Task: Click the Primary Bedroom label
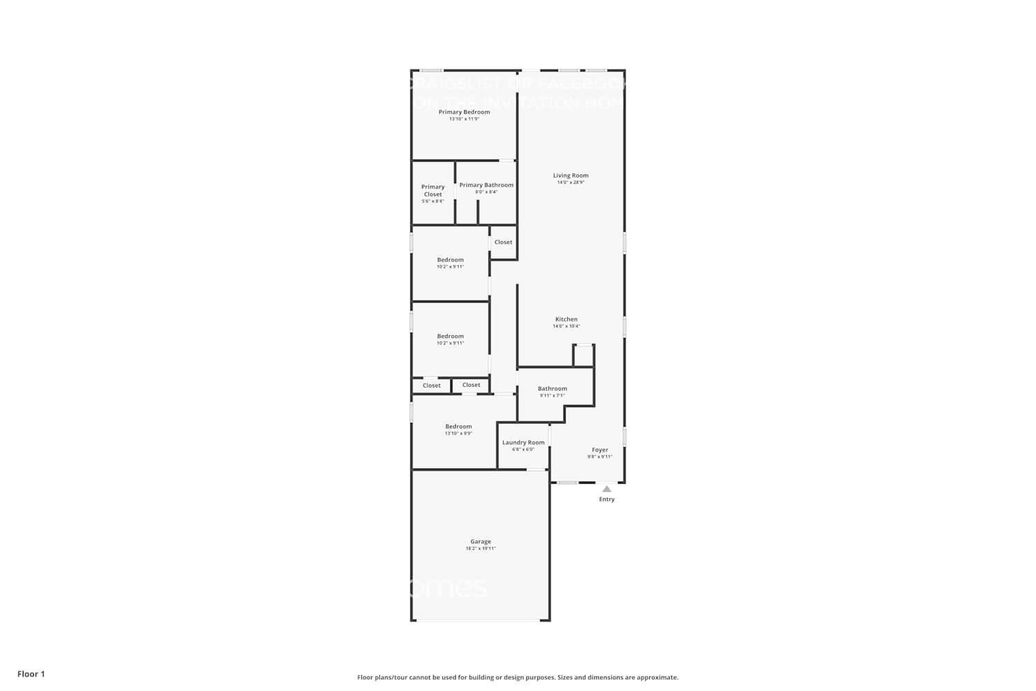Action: click(464, 112)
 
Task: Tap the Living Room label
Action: click(570, 176)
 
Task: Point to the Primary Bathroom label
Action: click(486, 185)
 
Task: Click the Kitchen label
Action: click(566, 319)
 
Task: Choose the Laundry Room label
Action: click(523, 442)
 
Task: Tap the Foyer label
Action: click(599, 450)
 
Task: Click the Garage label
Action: click(481, 542)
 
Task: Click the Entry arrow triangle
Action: click(606, 489)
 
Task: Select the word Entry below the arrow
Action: click(606, 499)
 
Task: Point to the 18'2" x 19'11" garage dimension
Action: click(481, 549)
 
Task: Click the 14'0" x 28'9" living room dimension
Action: click(570, 182)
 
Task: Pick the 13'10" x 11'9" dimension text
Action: click(464, 119)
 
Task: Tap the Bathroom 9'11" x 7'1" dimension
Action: click(553, 395)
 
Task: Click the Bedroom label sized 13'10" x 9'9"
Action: click(459, 426)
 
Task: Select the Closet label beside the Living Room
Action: click(503, 242)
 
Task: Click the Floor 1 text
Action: click(31, 674)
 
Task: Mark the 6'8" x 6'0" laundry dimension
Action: click(523, 449)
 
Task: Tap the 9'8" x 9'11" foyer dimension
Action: click(599, 457)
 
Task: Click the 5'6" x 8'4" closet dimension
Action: click(433, 201)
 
